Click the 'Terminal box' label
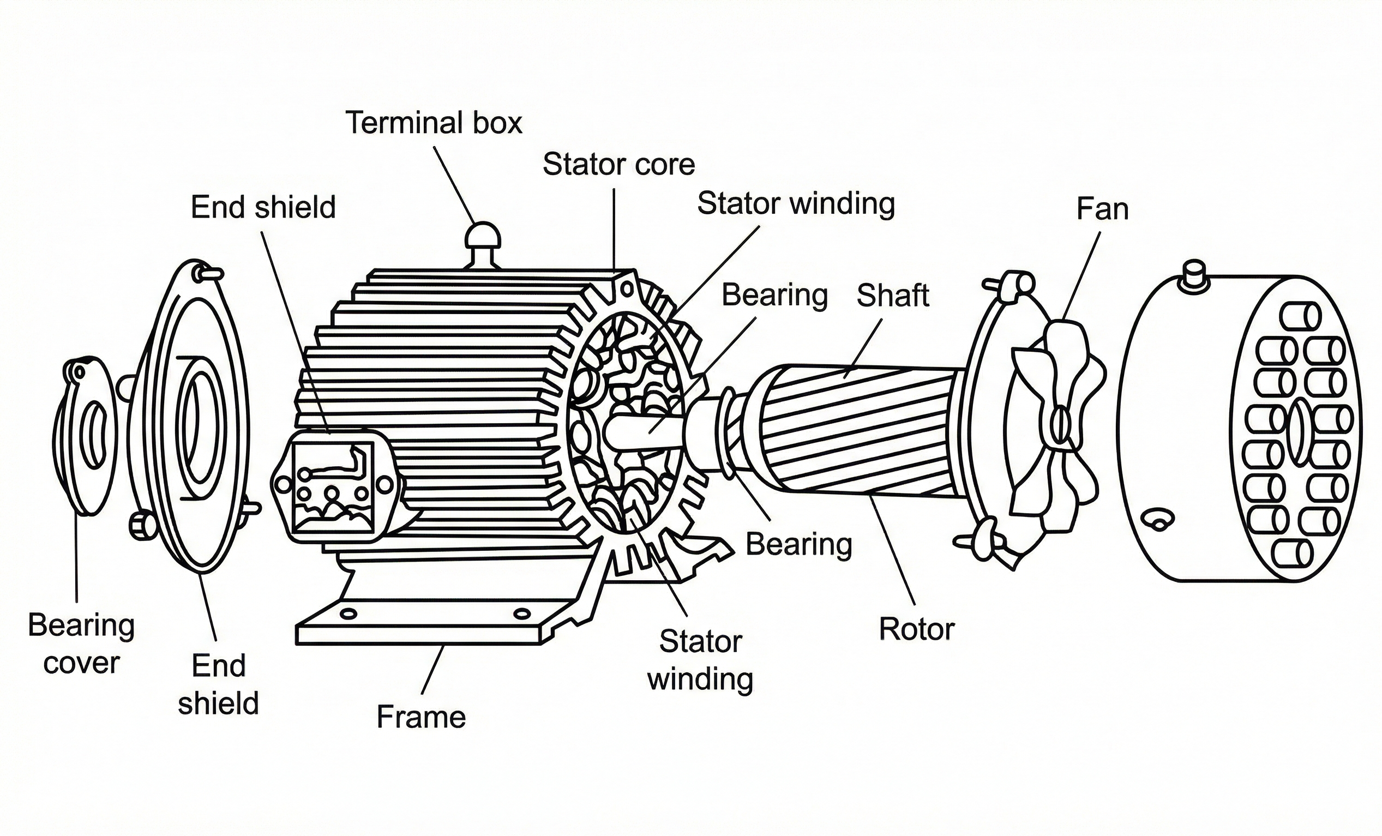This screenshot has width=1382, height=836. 434,123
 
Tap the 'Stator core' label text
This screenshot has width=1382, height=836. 618,165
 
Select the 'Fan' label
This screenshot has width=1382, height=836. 1102,209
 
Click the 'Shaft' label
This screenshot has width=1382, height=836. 892,296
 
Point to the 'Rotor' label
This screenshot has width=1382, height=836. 916,629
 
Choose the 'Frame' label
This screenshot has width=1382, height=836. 420,717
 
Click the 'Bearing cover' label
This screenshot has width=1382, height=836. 81,643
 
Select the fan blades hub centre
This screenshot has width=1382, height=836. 1060,425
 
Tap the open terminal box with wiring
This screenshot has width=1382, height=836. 333,486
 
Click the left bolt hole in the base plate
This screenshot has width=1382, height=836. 348,614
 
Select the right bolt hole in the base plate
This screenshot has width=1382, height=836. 521,614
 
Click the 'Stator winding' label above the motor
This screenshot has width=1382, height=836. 795,203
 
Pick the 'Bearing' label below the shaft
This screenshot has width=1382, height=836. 798,544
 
